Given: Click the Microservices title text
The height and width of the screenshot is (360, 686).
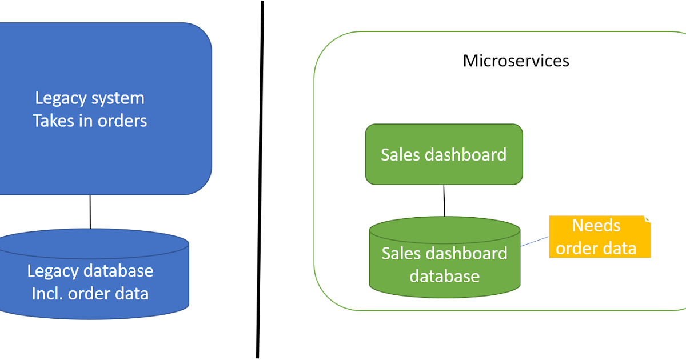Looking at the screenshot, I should pyautogui.click(x=516, y=61).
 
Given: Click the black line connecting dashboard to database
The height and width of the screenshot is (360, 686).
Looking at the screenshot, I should pyautogui.click(x=444, y=201).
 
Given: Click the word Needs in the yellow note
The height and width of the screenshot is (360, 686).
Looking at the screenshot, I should pyautogui.click(x=596, y=226).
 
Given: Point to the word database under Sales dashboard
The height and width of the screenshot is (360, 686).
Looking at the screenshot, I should pyautogui.click(x=444, y=277).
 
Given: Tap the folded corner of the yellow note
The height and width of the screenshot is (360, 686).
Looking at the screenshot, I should pyautogui.click(x=647, y=218).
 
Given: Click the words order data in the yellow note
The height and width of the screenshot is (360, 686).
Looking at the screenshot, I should pyautogui.click(x=596, y=249).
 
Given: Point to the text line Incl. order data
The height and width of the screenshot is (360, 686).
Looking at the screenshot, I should pyautogui.click(x=90, y=294).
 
